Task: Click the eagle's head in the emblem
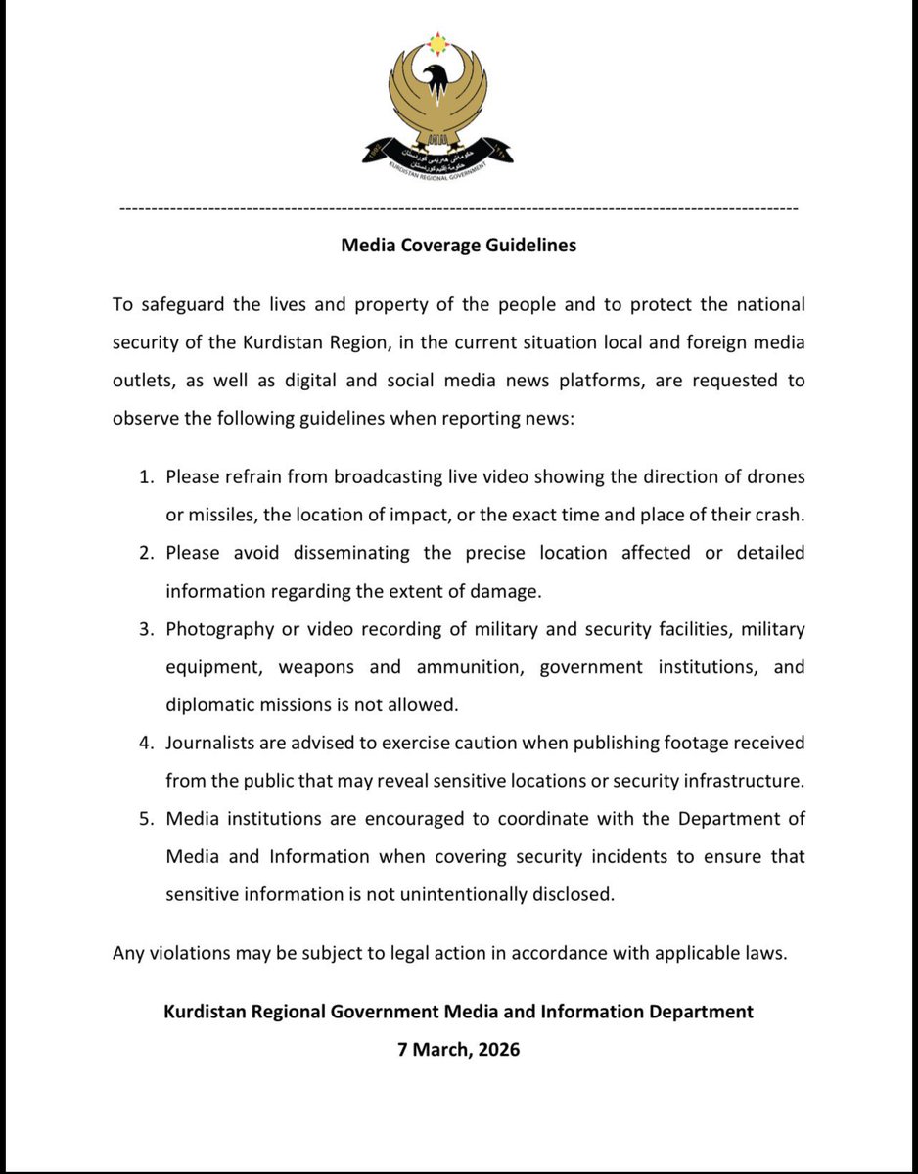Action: [x=437, y=77]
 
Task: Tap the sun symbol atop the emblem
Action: [x=437, y=43]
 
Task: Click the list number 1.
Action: [x=147, y=477]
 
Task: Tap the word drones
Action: [x=771, y=477]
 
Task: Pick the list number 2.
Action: [x=147, y=553]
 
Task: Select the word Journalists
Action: [x=209, y=743]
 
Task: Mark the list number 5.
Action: [x=147, y=819]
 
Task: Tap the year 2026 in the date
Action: [x=496, y=1050]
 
